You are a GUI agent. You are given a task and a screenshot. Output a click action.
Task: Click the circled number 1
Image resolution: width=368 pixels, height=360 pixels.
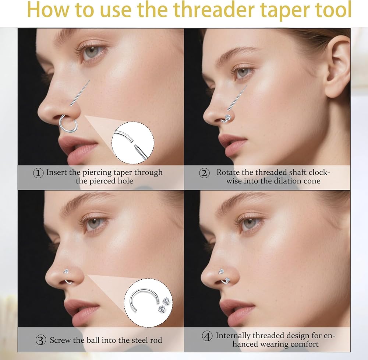point(38,173)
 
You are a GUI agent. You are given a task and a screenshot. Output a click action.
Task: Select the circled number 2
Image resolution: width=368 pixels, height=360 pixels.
point(204,173)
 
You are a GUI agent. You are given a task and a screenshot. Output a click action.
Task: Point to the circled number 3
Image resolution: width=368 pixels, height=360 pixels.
point(41,340)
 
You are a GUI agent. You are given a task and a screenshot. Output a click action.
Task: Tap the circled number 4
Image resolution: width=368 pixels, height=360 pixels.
point(207,336)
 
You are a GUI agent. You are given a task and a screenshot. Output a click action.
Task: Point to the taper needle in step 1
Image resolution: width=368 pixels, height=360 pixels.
point(80,93)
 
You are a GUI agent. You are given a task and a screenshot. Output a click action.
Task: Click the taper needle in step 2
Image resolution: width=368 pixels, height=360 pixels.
point(237,98)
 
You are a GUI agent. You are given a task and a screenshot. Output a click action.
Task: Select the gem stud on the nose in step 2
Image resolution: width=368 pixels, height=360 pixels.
point(228,117)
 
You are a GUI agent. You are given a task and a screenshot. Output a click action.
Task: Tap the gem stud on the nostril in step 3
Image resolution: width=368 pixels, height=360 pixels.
point(66,272)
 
